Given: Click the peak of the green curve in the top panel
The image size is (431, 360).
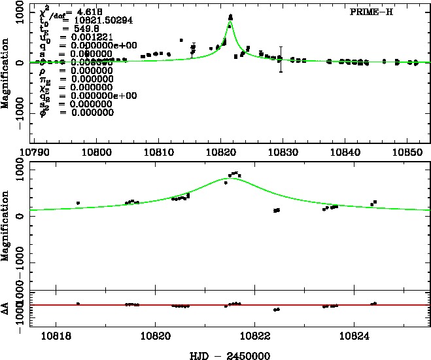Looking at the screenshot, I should tap(230, 22).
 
